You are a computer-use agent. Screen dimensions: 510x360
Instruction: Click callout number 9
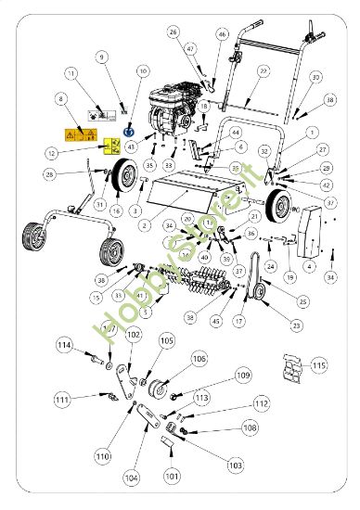point(102,57)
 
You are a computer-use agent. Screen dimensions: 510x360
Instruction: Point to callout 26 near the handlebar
point(174,32)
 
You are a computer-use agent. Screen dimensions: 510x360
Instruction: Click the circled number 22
point(263,70)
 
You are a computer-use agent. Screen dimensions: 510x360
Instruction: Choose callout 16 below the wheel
point(116,211)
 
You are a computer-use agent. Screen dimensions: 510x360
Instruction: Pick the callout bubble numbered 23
point(296,325)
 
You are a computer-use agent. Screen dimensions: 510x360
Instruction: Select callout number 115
point(319,367)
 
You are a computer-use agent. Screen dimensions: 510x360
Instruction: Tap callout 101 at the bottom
point(171,477)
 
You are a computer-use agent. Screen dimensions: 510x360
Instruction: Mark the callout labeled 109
point(243,375)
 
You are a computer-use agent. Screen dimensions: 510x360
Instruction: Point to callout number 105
point(166,341)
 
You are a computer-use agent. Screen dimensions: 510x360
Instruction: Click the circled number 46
point(222,33)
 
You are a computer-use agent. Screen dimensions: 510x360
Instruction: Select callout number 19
point(289,277)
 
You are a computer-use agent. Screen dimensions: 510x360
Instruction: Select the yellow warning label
point(111,146)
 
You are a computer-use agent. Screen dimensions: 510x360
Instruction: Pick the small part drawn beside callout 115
point(292,370)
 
